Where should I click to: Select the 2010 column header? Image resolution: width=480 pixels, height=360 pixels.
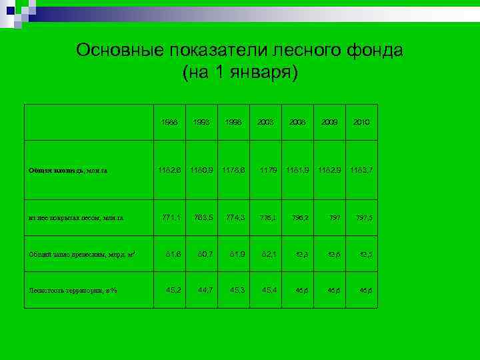click(x=361, y=123)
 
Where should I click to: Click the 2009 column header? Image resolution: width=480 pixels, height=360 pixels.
click(x=329, y=123)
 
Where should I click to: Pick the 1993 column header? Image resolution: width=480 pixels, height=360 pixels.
click(x=203, y=123)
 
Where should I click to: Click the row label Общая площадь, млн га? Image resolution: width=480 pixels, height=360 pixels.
click(x=68, y=171)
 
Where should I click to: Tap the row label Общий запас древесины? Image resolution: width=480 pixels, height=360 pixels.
click(x=83, y=254)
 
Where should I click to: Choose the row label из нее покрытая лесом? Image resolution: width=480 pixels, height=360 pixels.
click(x=76, y=218)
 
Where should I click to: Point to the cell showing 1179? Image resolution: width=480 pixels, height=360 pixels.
click(x=267, y=170)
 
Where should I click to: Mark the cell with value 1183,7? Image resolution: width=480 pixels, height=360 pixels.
click(x=361, y=170)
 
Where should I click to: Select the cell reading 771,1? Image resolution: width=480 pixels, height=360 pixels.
click(x=170, y=217)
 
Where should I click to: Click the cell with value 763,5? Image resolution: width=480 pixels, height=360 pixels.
click(x=203, y=217)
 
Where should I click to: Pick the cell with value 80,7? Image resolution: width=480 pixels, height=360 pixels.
click(x=205, y=253)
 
